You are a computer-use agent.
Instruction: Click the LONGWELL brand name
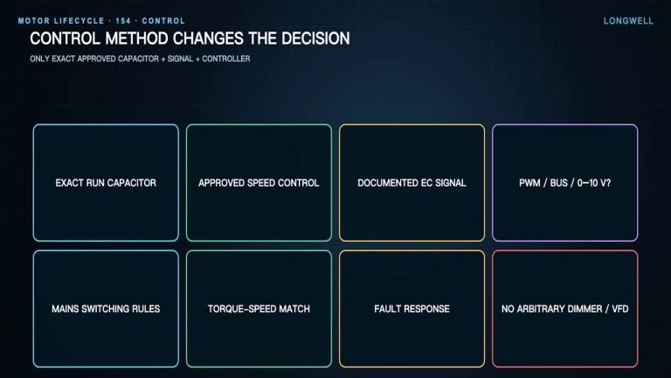628,21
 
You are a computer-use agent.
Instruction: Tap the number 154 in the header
123,21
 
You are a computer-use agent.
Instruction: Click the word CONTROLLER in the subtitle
226,59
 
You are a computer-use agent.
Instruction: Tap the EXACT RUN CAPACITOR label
106,183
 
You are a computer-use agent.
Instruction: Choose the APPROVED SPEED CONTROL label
259,183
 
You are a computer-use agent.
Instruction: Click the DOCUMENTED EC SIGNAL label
412,183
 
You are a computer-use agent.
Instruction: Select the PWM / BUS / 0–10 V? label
565,183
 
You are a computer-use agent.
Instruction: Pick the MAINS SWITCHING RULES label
106,309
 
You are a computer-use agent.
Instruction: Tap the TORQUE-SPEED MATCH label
259,309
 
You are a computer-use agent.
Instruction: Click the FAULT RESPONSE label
412,309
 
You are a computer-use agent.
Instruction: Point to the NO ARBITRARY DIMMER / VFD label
565,309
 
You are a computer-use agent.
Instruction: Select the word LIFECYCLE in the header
80,21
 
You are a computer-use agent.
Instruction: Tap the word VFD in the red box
620,309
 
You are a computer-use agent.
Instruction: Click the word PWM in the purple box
529,183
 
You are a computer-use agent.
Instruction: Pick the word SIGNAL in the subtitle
180,59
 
